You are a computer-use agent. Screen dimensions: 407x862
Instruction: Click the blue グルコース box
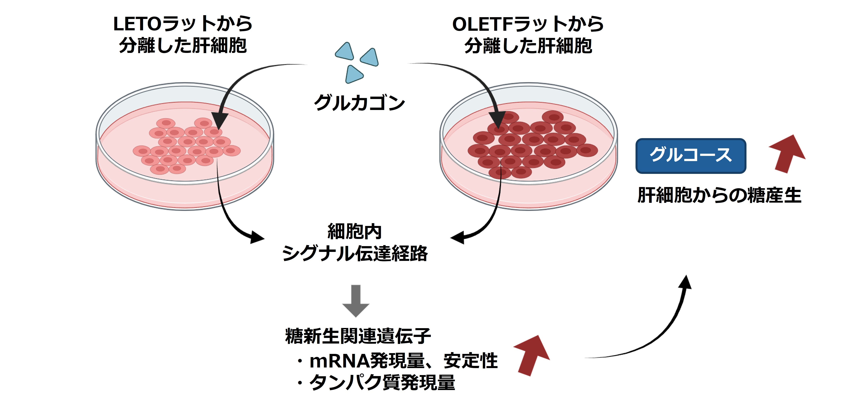690,156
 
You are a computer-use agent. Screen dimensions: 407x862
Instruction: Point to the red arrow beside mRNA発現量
532,355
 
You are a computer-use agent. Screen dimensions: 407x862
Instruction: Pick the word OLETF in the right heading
482,24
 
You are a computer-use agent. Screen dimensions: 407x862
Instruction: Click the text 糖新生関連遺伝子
358,336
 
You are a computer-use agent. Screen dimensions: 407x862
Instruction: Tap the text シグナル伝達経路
355,253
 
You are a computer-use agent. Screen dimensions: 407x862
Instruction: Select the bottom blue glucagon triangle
353,74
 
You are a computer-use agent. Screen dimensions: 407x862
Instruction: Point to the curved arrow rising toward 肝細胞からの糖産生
656,331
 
